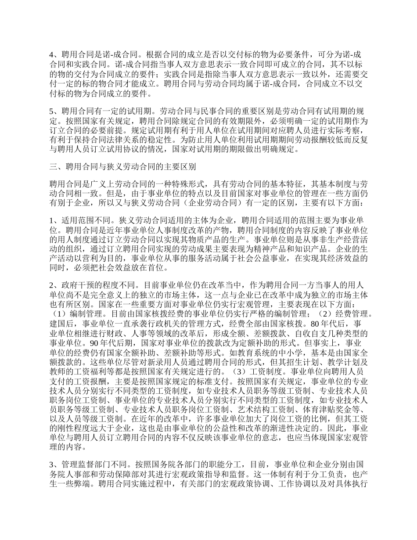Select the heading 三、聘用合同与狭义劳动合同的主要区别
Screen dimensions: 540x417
(123, 167)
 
